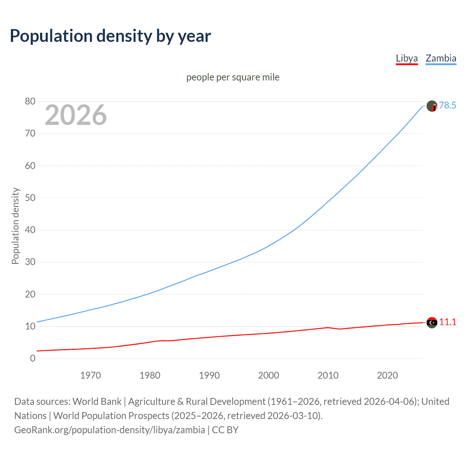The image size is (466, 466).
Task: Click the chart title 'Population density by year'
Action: pyautogui.click(x=110, y=36)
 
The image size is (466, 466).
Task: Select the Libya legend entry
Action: pyautogui.click(x=407, y=58)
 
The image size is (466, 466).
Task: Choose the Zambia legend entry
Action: pyautogui.click(x=441, y=58)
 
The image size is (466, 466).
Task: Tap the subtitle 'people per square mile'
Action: pyautogui.click(x=233, y=77)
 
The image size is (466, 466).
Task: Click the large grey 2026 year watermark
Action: pyautogui.click(x=76, y=115)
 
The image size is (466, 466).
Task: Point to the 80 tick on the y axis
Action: pyautogui.click(x=30, y=102)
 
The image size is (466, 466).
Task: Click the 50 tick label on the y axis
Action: pyautogui.click(x=30, y=198)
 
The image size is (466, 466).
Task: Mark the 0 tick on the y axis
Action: pyautogui.click(x=33, y=358)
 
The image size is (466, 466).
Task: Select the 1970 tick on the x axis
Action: pyautogui.click(x=90, y=375)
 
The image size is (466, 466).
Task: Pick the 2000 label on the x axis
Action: pyautogui.click(x=268, y=375)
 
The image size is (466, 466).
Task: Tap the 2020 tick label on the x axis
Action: pyautogui.click(x=387, y=375)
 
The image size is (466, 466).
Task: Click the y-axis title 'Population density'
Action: pyautogui.click(x=15, y=226)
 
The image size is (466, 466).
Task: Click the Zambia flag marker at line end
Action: pyautogui.click(x=432, y=106)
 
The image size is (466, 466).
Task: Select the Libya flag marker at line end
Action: pyautogui.click(x=432, y=323)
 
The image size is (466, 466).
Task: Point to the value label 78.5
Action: pyautogui.click(x=447, y=105)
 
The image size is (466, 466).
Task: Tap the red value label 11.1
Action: pyautogui.click(x=447, y=322)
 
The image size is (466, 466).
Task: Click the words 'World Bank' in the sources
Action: pyautogui.click(x=97, y=401)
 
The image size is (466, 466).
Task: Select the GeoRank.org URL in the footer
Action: pyautogui.click(x=110, y=430)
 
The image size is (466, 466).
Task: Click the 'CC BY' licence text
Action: pyautogui.click(x=225, y=430)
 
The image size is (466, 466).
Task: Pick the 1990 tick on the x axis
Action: pyautogui.click(x=209, y=375)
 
